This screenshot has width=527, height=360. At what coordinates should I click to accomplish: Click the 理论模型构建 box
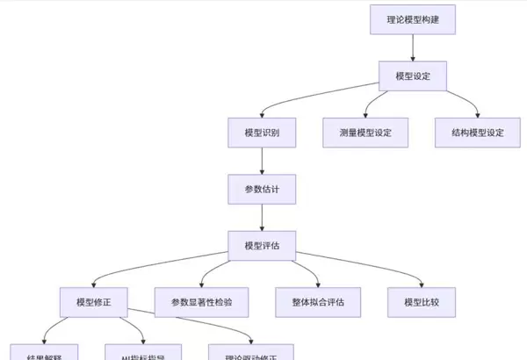(x=413, y=19)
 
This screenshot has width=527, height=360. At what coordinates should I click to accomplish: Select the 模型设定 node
(x=413, y=76)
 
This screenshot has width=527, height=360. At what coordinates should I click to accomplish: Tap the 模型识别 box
(x=262, y=133)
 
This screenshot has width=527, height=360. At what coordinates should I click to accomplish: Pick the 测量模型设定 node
(x=365, y=133)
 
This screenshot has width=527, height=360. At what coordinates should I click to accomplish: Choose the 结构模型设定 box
(x=478, y=133)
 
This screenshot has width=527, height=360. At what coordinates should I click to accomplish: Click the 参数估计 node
(x=262, y=189)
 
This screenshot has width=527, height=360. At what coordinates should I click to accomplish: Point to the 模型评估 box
(x=262, y=245)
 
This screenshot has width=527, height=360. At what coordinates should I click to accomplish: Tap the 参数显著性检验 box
(x=201, y=302)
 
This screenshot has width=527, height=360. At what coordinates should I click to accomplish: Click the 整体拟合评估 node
(x=318, y=302)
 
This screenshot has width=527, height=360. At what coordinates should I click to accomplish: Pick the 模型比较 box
(x=421, y=302)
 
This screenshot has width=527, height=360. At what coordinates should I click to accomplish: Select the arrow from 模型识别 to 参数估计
(x=262, y=161)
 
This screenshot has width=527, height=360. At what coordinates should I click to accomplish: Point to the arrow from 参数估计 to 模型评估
(x=262, y=217)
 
